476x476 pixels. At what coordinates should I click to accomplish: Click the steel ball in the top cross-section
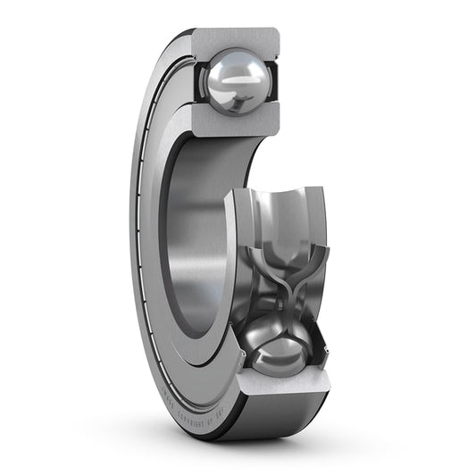pos(236,81)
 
